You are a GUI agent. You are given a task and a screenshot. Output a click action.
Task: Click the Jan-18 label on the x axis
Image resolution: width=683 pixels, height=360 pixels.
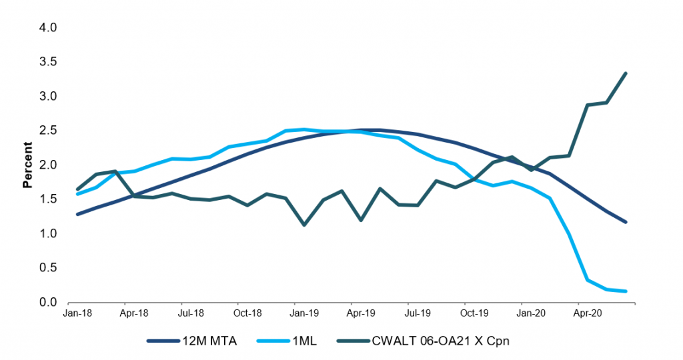pos(78,312)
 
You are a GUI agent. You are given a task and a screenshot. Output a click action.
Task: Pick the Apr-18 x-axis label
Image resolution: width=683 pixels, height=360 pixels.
pos(134,312)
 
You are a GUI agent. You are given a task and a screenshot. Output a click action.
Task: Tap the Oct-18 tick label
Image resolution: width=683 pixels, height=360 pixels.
pos(247,312)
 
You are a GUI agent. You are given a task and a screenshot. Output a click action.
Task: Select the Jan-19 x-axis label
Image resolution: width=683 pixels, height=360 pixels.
pos(304,312)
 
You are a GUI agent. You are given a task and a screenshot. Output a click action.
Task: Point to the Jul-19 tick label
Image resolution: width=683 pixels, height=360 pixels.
pos(416,312)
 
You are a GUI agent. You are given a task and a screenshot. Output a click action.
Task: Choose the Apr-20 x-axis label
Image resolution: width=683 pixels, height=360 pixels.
pos(586,312)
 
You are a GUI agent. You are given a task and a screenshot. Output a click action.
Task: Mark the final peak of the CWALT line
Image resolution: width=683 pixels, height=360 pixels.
pos(626,73)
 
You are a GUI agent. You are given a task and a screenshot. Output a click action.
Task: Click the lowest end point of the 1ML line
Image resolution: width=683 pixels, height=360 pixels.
pos(626,291)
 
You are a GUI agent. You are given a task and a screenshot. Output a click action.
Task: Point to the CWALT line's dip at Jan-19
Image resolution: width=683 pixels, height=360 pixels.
pos(304,225)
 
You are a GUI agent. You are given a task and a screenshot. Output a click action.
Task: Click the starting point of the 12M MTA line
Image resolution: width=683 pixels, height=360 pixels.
pos(78,215)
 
